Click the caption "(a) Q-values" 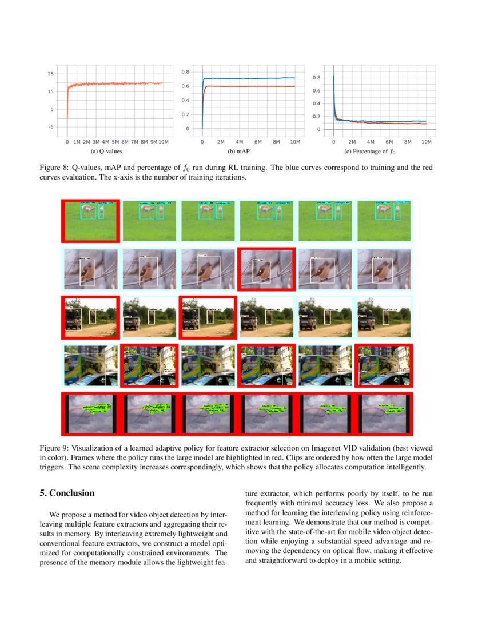click(x=106, y=152)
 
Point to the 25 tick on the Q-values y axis click(x=51, y=74)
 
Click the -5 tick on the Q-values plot click(x=51, y=127)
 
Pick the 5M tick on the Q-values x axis click(x=115, y=141)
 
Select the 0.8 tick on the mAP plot click(x=185, y=72)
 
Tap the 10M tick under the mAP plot click(x=294, y=141)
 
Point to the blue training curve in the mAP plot click(x=252, y=78)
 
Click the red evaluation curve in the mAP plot click(x=252, y=86)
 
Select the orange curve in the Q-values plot click(x=114, y=84)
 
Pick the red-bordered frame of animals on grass click(x=90, y=221)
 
